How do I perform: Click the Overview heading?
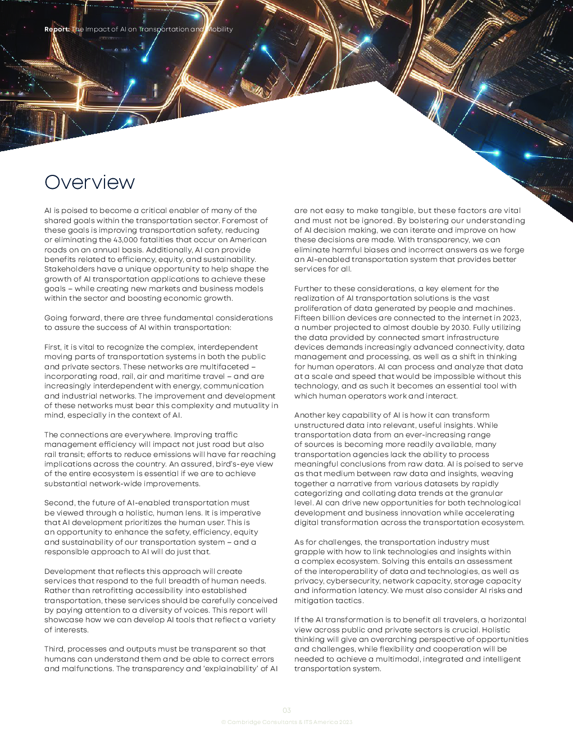(x=89, y=182)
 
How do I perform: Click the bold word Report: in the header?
(x=57, y=29)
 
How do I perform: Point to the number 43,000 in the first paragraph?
(x=125, y=240)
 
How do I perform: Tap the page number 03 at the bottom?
(x=286, y=711)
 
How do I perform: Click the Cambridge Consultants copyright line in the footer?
(x=286, y=722)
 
